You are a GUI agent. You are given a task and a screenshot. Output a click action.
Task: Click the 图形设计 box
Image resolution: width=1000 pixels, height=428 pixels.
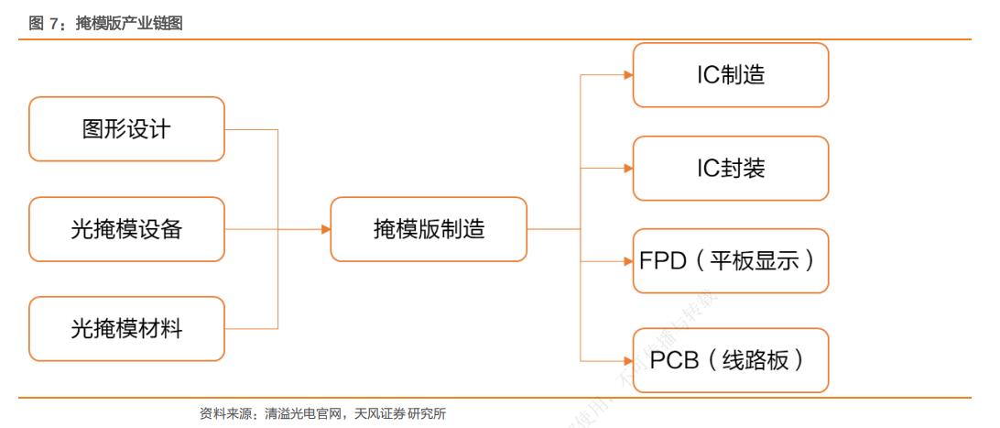click(x=126, y=129)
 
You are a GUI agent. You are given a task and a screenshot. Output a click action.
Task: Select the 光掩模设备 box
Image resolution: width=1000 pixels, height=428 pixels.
click(x=126, y=229)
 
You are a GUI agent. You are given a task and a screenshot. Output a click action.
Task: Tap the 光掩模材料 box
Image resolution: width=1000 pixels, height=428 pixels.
click(x=126, y=328)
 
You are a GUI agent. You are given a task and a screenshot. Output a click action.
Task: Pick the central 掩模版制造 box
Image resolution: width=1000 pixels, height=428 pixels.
click(x=429, y=229)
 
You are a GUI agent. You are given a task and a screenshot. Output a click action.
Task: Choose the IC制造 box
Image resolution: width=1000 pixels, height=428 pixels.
click(x=730, y=75)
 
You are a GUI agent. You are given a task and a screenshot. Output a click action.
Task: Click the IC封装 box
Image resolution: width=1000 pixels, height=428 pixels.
click(x=730, y=169)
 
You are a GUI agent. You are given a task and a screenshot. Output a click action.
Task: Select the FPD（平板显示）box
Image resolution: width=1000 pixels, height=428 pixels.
click(x=730, y=261)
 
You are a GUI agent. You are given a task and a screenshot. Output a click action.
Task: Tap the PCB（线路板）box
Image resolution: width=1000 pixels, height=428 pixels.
click(x=730, y=360)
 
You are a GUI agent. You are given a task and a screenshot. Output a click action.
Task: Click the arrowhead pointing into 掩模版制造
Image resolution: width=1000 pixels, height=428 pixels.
click(x=325, y=229)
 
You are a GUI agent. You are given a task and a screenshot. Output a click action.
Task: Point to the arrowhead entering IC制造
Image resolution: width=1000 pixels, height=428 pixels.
click(x=628, y=75)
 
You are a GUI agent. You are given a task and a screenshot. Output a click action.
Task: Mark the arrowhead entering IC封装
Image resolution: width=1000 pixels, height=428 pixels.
click(x=628, y=169)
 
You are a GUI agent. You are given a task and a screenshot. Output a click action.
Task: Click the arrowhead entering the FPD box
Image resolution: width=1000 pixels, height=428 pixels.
click(x=628, y=261)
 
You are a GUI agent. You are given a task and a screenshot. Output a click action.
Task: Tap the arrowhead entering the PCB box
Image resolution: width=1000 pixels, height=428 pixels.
click(x=628, y=360)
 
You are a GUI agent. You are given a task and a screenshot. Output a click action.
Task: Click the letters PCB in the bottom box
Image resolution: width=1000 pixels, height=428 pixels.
click(x=676, y=360)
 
